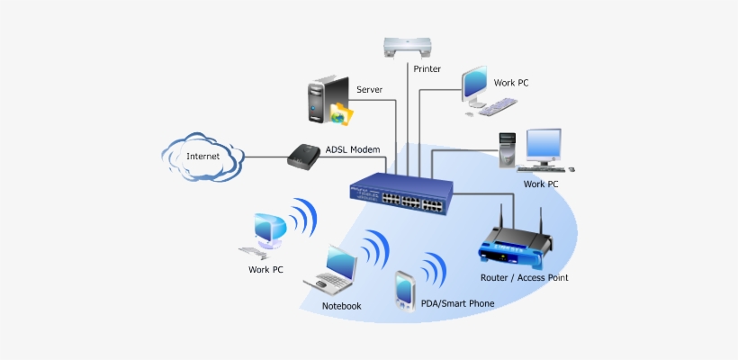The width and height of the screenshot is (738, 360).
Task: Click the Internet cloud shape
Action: [202, 157]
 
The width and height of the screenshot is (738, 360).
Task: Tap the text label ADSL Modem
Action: [352, 149]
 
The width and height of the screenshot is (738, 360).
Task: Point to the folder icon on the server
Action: [341, 113]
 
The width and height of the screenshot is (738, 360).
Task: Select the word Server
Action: [371, 90]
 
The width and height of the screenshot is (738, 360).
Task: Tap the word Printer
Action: [427, 69]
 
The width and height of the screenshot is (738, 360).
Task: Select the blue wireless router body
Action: [515, 246]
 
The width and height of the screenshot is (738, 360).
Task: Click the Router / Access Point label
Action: [524, 278]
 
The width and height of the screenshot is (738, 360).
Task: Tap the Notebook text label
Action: [341, 306]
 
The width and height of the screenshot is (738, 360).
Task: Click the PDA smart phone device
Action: [404, 290]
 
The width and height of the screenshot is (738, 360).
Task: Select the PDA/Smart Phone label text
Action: [457, 304]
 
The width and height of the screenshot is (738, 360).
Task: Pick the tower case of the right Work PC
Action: [508, 149]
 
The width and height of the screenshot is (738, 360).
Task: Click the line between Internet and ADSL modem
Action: [265, 157]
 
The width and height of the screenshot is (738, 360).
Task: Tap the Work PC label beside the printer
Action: [511, 83]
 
